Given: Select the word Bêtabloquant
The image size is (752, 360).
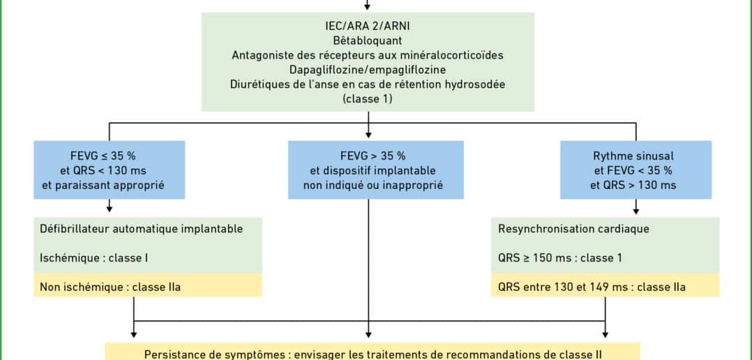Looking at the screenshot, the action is point(368,40).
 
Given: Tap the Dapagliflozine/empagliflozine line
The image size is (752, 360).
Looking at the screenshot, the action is point(368,70).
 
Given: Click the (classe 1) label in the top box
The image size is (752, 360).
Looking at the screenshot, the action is point(368,99).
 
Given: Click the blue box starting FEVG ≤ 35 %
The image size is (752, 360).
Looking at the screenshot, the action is point(110,170).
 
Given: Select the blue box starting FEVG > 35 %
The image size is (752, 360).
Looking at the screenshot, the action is point(376,170).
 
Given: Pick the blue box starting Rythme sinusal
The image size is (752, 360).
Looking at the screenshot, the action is point(636,170).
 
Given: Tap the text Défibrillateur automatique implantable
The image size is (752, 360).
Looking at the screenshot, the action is point(142,229).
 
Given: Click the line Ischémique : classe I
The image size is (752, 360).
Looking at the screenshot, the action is point(93,258).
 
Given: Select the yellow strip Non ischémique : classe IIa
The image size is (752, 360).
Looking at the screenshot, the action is point(148,287).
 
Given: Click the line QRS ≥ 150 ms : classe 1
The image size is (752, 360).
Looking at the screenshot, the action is point(560,258).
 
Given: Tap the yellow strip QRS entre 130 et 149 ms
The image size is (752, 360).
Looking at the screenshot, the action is point(606,287).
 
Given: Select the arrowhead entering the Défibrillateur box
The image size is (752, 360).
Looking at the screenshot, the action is point(110,209).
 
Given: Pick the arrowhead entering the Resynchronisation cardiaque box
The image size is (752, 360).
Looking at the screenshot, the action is point(636,209).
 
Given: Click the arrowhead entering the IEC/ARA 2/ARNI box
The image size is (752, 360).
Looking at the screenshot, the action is point(368,7).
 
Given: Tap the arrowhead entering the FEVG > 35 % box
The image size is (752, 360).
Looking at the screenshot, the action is point(368,135).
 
